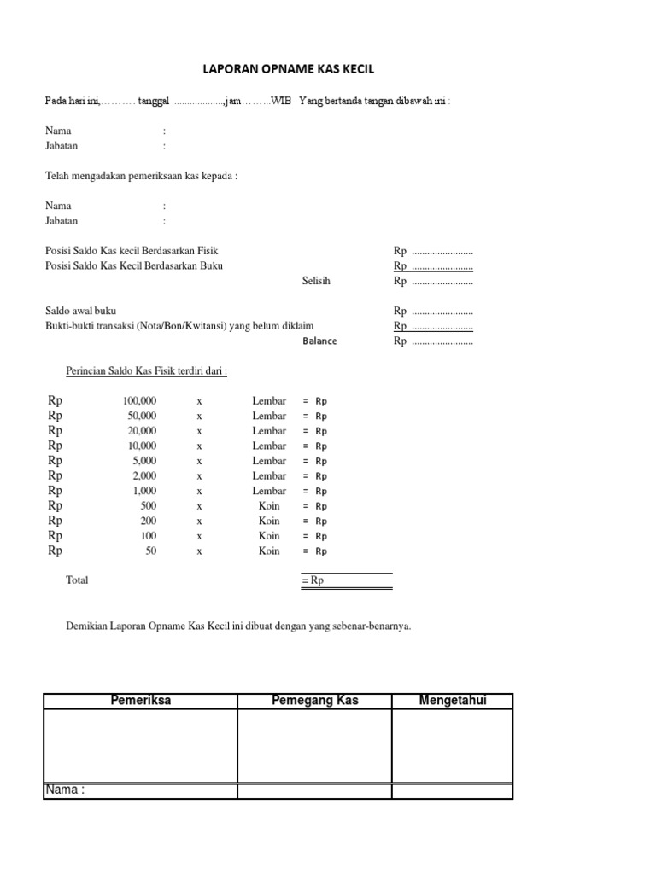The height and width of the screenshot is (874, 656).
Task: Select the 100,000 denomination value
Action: click(139, 400)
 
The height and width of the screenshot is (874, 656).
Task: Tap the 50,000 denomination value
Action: click(142, 416)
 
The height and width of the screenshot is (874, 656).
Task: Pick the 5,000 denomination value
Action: click(144, 461)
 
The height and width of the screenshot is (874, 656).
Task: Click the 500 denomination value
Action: click(148, 506)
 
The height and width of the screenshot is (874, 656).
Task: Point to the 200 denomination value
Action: click(148, 521)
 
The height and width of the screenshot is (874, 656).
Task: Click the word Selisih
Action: click(316, 281)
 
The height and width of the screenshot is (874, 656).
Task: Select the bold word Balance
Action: click(319, 341)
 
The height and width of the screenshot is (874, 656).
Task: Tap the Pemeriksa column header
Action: click(141, 701)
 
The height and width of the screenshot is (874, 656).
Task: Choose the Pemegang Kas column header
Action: click(314, 701)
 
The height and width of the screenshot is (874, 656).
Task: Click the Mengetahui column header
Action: click(453, 701)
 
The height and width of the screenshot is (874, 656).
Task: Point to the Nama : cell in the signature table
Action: click(65, 790)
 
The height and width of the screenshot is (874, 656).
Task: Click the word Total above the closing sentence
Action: click(77, 580)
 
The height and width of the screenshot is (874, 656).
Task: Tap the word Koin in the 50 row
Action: click(269, 551)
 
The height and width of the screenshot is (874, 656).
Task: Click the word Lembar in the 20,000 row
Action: click(269, 431)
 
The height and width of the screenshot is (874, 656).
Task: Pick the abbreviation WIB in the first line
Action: click(281, 101)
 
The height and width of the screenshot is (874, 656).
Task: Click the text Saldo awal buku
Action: click(80, 312)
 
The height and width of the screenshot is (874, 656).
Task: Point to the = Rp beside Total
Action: click(313, 581)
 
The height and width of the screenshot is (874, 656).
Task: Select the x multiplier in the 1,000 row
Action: click(199, 491)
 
